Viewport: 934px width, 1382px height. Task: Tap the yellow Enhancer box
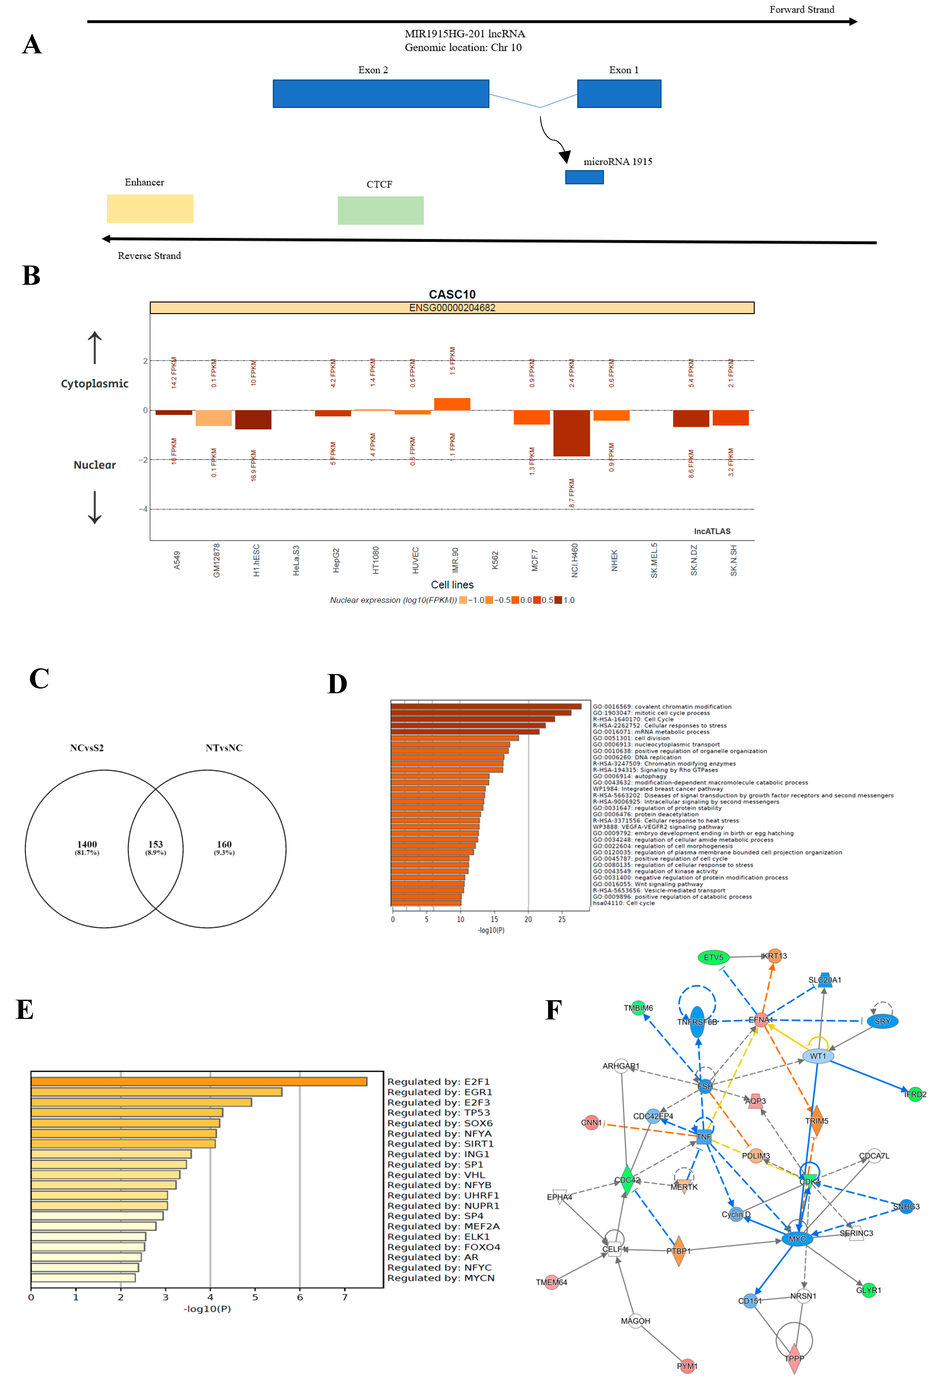coord(150,209)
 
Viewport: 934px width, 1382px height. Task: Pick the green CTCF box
coord(381,210)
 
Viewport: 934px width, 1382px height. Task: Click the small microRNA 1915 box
coord(584,177)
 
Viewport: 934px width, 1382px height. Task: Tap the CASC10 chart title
coord(452,294)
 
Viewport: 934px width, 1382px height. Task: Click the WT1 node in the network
coord(818,1056)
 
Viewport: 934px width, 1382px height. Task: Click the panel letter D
coord(337,685)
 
